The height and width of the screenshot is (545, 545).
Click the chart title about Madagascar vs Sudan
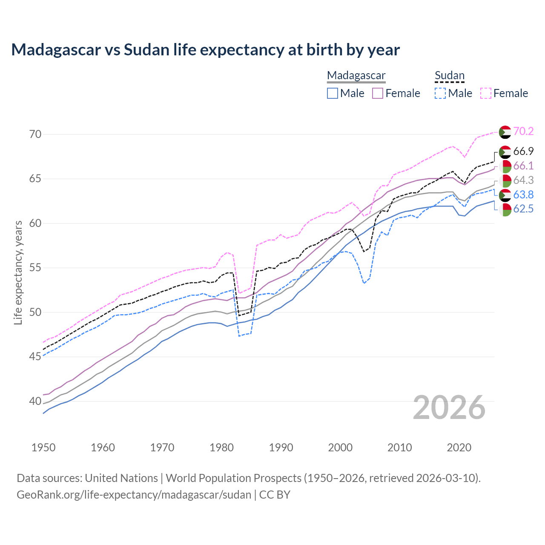pos(205,50)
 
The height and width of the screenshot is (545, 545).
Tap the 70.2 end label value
pos(523,131)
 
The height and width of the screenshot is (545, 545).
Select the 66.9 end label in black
pos(523,151)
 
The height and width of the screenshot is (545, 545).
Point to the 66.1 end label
pos(523,166)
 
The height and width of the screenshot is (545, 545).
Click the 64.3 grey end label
pos(523,180)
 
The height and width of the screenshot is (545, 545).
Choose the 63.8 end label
pos(523,195)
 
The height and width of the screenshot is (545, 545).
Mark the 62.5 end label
pos(523,209)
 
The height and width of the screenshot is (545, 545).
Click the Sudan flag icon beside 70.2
pos(505,132)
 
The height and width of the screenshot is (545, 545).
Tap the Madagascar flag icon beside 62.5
pos(505,209)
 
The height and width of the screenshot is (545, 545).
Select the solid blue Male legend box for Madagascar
pos(333,93)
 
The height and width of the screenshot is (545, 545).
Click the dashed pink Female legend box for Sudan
pos(486,93)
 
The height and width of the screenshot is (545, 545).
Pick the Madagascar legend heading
pos(356,75)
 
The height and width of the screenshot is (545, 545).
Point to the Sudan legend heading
pos(449,75)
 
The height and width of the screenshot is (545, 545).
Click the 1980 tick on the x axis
pos(222,447)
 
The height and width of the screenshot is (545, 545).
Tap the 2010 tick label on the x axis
pos(400,447)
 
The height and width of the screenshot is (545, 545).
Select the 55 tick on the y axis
pos(35,268)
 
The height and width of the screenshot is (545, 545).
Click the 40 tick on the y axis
pos(35,401)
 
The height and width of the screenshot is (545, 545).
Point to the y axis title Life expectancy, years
pos(18,272)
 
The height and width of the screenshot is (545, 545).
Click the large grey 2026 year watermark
pos(449,407)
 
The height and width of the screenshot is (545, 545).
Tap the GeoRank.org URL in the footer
pos(134,495)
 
